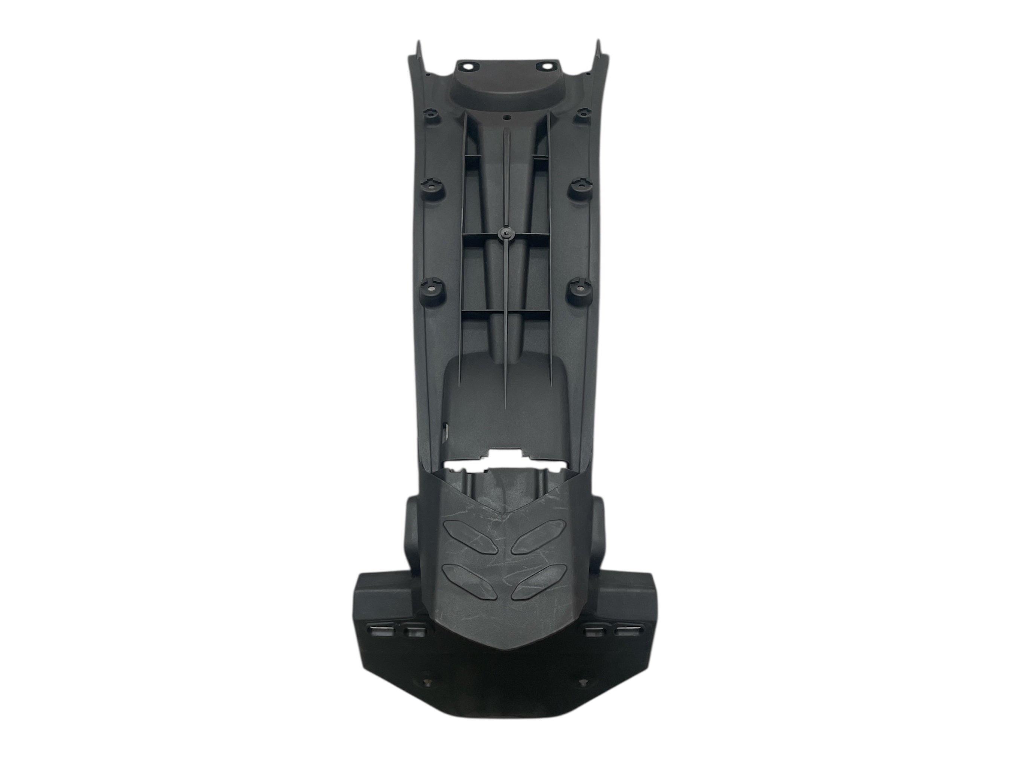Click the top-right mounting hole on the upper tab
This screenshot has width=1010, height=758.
click(x=545, y=66)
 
